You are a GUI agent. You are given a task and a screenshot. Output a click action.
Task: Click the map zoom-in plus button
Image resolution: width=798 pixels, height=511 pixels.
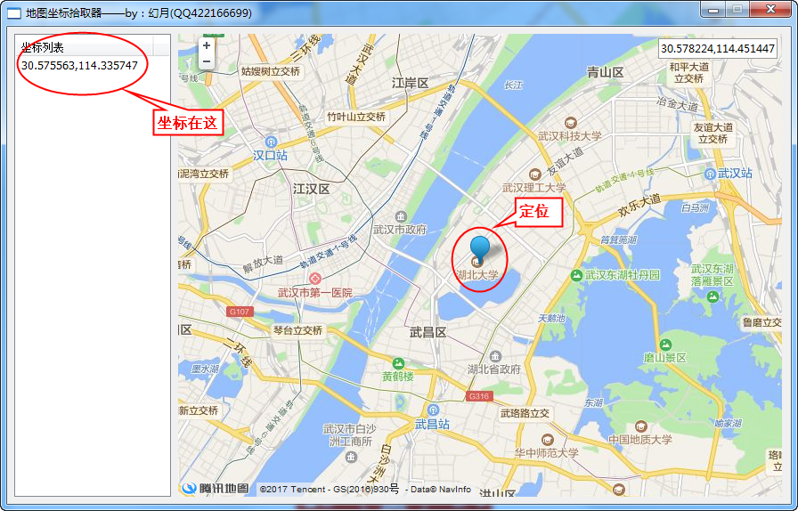click(x=207, y=45)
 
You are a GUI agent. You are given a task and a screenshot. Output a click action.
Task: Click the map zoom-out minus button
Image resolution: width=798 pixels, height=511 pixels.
click(x=207, y=61)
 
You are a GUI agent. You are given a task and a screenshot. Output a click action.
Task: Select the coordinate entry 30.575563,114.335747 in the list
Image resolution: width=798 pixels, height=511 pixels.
click(x=80, y=65)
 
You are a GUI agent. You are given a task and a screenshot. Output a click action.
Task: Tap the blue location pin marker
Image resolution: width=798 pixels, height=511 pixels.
click(x=480, y=248)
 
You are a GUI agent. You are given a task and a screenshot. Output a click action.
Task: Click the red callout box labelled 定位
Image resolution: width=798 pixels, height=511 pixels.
click(x=540, y=213)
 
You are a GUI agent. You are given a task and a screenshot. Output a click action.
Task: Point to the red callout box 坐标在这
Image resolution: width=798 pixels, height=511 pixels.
click(x=188, y=123)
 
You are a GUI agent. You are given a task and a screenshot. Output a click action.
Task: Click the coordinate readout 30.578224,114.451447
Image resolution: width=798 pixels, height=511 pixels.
click(x=717, y=48)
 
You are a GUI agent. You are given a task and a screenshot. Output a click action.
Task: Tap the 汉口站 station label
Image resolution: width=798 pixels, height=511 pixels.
click(x=270, y=155)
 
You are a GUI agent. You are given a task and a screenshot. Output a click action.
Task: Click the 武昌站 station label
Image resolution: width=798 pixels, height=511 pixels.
click(x=433, y=424)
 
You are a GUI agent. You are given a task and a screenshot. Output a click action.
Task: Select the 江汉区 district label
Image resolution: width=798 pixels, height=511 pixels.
click(x=312, y=190)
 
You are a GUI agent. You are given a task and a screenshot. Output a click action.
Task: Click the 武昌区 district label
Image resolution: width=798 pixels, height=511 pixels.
click(x=427, y=332)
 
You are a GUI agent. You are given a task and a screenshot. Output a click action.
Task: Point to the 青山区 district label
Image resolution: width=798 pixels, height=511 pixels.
click(x=605, y=73)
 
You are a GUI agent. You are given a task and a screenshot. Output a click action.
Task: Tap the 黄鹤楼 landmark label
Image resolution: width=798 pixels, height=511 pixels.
click(x=398, y=376)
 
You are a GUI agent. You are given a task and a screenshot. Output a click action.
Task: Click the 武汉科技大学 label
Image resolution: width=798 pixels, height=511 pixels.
click(x=569, y=136)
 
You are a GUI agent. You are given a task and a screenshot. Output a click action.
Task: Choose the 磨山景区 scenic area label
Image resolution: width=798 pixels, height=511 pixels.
click(x=665, y=357)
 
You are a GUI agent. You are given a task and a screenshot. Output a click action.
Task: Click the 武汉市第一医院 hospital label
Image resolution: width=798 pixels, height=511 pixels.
click(x=314, y=293)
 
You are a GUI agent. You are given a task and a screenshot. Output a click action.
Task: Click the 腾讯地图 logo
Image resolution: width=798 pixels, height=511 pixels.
click(x=216, y=488)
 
